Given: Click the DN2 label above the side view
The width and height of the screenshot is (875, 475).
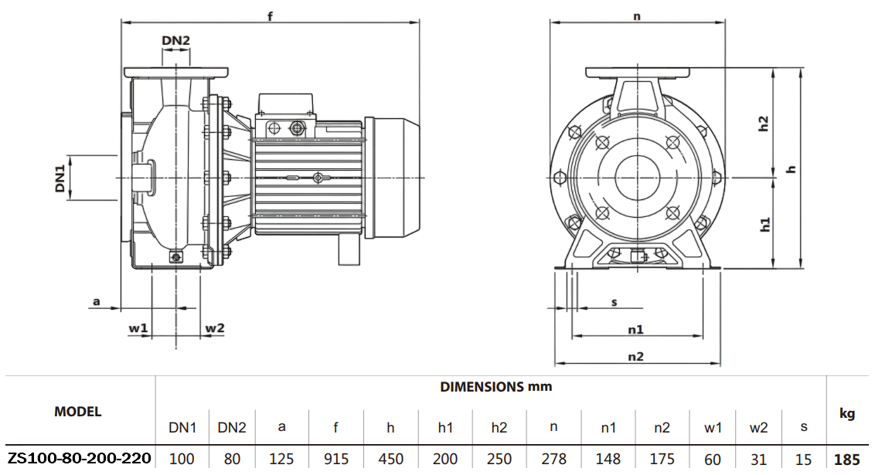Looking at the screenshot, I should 175,40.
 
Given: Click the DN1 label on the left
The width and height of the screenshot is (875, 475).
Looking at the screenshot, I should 60,177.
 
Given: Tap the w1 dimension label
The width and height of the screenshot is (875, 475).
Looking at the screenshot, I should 138,328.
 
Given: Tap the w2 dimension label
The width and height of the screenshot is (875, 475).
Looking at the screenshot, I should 214,328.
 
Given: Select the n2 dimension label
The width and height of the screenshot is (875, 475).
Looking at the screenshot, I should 635,356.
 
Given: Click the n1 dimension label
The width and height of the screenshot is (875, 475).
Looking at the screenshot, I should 635,330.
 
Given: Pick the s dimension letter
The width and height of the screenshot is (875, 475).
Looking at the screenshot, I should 615,302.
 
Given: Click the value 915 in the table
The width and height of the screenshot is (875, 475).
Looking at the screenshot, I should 336,460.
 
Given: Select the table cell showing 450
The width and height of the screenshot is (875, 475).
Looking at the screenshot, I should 391,460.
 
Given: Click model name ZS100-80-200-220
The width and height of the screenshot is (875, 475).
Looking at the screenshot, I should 79,459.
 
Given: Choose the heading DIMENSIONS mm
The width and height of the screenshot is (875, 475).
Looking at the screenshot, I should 496,386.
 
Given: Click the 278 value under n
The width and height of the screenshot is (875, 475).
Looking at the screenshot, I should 554,460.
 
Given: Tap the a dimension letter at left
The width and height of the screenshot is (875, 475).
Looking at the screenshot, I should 97,301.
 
